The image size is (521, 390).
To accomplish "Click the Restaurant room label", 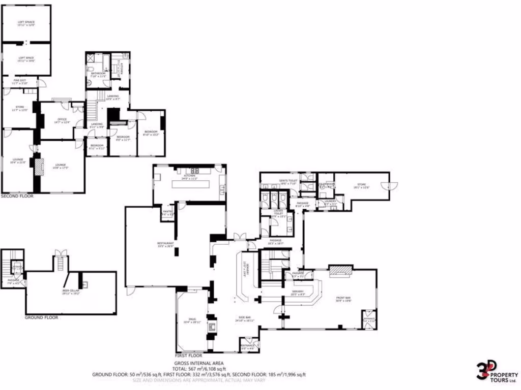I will click(x=166, y=245).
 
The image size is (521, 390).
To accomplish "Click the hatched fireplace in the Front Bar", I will click(x=340, y=271).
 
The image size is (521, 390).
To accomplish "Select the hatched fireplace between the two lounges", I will click(x=38, y=167).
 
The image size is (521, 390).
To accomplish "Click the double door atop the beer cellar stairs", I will click(x=60, y=252).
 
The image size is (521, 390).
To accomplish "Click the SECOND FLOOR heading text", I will click(x=17, y=196).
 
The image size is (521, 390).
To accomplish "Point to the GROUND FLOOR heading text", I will click(x=41, y=317).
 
